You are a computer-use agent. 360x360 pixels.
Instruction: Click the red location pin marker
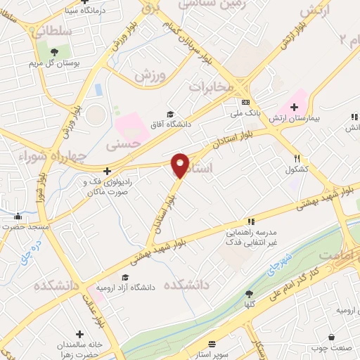(x=180, y=165)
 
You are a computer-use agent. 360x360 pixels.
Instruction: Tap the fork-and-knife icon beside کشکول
(x=298, y=158)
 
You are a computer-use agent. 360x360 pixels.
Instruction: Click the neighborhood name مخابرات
(x=211, y=87)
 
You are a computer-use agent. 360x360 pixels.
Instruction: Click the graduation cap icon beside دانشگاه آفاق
(x=169, y=115)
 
